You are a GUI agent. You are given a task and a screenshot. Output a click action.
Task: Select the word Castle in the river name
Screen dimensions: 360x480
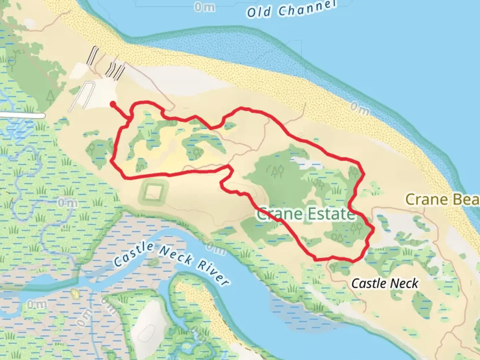pyautogui.click(x=134, y=255)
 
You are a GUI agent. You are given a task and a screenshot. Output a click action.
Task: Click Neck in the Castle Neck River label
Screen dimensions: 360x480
pyautogui.click(x=176, y=255)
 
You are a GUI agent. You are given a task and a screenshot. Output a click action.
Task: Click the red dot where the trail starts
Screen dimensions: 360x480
pyautogui.click(x=113, y=104)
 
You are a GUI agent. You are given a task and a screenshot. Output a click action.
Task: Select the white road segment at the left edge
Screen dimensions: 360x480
pyautogui.click(x=22, y=115)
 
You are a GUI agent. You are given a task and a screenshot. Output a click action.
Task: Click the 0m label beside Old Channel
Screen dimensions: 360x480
pyautogui.click(x=204, y=7)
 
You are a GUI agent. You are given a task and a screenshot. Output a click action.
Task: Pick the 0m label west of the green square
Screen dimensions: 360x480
pyautogui.click(x=67, y=202)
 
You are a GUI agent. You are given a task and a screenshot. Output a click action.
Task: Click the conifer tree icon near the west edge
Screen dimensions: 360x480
pyautogui.click(x=50, y=96)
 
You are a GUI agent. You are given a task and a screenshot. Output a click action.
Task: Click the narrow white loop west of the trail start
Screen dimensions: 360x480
pyautogui.click(x=82, y=97)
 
